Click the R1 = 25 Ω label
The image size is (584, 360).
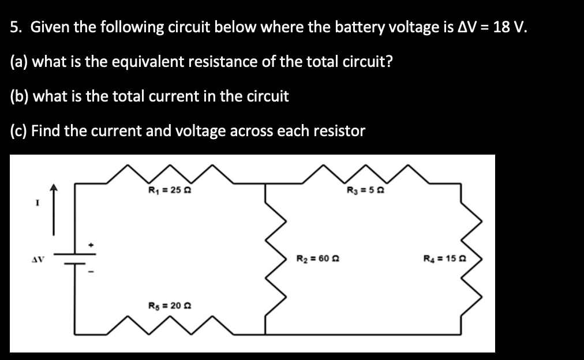[166, 191]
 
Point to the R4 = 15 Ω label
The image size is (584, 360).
[443, 260]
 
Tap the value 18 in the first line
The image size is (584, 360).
[502, 27]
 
